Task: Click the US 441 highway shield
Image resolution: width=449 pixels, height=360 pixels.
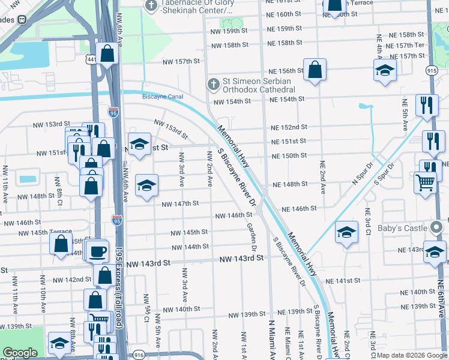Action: pyautogui.click(x=91, y=59)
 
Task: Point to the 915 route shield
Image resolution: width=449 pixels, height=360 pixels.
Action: pyautogui.click(x=431, y=71)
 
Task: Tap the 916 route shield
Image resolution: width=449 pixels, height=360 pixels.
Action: pyautogui.click(x=139, y=356)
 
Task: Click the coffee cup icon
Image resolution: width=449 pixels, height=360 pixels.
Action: pyautogui.click(x=97, y=251)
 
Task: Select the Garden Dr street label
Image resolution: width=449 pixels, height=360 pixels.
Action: pyautogui.click(x=252, y=236)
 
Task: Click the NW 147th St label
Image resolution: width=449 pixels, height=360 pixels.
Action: pyautogui.click(x=180, y=203)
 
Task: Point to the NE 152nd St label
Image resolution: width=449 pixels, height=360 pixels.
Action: pyautogui.click(x=289, y=127)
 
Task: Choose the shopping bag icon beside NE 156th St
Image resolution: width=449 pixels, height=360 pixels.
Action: pyautogui.click(x=315, y=70)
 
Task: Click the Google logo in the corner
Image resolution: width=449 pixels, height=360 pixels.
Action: pyautogui.click(x=20, y=353)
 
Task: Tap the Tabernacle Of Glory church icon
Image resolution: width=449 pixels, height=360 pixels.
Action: pyautogui.click(x=151, y=6)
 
